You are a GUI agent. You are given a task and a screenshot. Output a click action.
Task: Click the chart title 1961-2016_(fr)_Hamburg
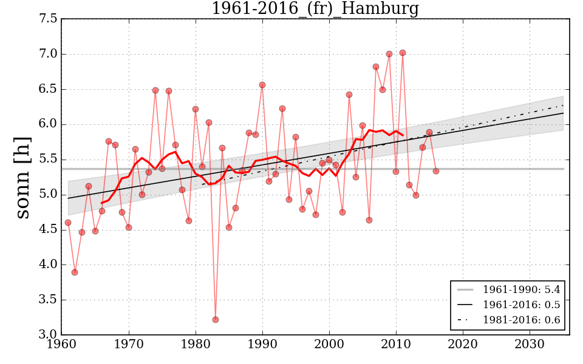(315, 9)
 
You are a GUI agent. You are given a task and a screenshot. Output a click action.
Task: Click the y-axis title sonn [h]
(22, 177)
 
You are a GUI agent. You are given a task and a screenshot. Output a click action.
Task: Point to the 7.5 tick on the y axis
(49, 19)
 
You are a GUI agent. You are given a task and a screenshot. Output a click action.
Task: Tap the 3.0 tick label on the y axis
(49, 335)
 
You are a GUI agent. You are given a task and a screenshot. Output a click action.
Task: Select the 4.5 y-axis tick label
(49, 230)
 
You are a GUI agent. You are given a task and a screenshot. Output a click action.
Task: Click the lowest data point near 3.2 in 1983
(216, 320)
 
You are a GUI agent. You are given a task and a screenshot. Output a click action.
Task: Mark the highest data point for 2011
(402, 53)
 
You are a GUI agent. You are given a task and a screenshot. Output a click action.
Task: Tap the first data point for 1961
(68, 223)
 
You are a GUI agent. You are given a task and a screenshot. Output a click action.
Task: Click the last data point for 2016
(436, 171)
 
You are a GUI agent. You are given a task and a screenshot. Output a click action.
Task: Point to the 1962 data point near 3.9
(75, 272)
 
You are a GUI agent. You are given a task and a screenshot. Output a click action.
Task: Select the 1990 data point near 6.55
(262, 85)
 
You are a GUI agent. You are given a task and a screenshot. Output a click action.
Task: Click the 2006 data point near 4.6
(369, 220)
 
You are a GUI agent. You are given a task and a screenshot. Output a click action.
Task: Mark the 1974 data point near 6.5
(155, 90)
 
